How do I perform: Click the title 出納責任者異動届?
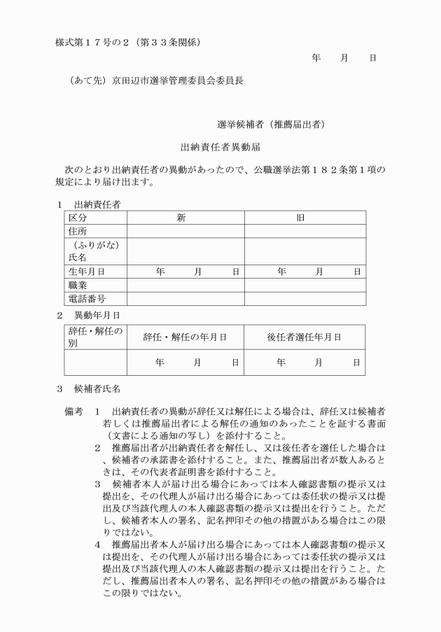(x=221, y=148)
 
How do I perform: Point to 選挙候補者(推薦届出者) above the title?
(x=270, y=125)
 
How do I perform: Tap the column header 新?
(x=181, y=218)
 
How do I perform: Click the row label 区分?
(x=78, y=218)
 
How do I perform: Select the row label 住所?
(x=78, y=231)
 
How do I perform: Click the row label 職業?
(x=78, y=285)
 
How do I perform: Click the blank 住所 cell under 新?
(x=185, y=231)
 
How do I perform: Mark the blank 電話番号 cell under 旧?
(x=304, y=299)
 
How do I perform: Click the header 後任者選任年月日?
(x=304, y=337)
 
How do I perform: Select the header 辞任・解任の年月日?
(x=185, y=337)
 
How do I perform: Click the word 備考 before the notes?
(x=74, y=412)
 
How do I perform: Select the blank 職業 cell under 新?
(x=185, y=285)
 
